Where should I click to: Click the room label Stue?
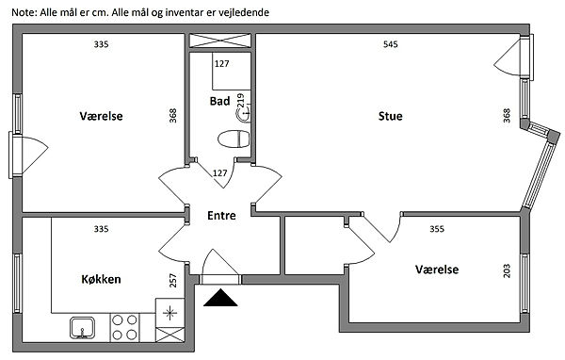pos(390,116)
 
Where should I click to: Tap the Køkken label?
pos(102,279)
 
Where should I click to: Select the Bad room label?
pos(219,101)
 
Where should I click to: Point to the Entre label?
pos(221,216)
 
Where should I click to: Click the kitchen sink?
pos(83,328)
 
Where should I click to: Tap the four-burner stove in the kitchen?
pos(124,328)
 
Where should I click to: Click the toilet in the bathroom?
pos(234,139)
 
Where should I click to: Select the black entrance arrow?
pos(220,298)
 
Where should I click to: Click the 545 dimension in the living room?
pos(391,44)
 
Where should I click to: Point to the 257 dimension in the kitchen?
pos(173,280)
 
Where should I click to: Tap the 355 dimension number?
pos(437,229)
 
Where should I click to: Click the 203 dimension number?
pos(507,271)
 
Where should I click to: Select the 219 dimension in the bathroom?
pos(240,101)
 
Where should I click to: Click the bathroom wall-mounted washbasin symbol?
pos(244,116)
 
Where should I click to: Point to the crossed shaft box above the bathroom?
pos(220,41)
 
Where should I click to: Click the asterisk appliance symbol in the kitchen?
pos(169,313)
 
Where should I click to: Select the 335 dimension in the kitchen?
pos(102,229)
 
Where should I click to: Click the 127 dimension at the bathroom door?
pos(219,173)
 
